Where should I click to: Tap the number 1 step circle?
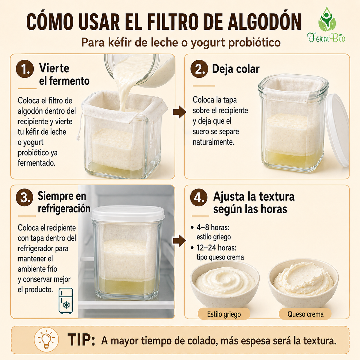coord(25,69)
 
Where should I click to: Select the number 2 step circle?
coord(199,69)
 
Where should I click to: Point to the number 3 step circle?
coord(25,197)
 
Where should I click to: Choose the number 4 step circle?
coord(199,197)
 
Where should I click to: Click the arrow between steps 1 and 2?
coord(179,112)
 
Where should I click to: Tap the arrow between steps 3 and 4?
coord(179,241)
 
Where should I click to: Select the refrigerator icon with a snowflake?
coord(66,301)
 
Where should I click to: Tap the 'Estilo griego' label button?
coord(224,314)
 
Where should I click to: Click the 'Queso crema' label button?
coord(305,314)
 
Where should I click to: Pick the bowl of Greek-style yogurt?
coord(225,284)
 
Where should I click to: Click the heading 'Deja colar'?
coord(236,69)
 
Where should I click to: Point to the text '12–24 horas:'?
coord(216,248)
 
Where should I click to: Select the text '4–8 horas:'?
coord(213,227)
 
